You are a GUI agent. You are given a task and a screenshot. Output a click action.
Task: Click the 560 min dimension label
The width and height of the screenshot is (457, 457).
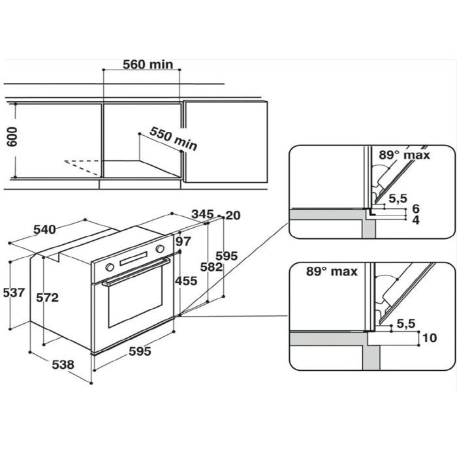pyautogui.click(x=148, y=65)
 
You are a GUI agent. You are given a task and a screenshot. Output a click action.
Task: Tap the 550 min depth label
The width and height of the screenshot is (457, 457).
pyautogui.click(x=174, y=138)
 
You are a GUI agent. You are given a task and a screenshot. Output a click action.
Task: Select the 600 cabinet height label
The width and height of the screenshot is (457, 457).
pyautogui.click(x=12, y=136)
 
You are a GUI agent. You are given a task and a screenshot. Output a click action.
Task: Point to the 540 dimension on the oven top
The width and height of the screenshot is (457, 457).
pyautogui.click(x=44, y=229)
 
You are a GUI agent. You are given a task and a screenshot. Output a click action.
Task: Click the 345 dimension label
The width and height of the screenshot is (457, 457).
pyautogui.click(x=202, y=214)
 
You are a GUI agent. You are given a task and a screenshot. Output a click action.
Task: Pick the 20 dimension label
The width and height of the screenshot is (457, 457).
pyautogui.click(x=233, y=215)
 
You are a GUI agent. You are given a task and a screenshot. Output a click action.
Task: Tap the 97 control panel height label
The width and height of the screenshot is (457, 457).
pyautogui.click(x=183, y=242)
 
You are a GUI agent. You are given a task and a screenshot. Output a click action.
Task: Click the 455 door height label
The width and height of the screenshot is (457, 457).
pyautogui.click(x=186, y=281)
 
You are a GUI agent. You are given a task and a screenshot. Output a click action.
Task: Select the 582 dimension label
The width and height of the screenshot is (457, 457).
pyautogui.click(x=212, y=267)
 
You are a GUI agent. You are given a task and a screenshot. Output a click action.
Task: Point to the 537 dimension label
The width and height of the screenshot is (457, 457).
pyautogui.click(x=14, y=292)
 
